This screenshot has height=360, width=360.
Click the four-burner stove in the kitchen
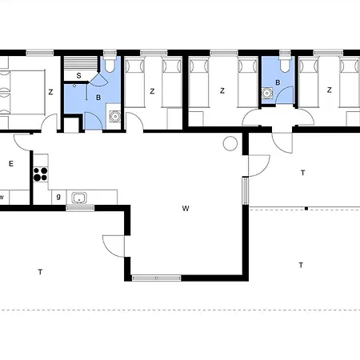[x=41, y=174]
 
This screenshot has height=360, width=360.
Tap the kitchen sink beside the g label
[x=79, y=198]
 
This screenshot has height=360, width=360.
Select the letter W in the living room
[x=186, y=208]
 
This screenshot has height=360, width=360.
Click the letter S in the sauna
[x=78, y=75]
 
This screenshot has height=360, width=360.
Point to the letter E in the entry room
[x=11, y=163]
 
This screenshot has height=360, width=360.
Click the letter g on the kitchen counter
[x=58, y=197]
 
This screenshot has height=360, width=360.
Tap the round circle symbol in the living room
[x=230, y=143]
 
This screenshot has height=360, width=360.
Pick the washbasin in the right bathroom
[x=266, y=94]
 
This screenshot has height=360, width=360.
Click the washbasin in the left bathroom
[x=115, y=117]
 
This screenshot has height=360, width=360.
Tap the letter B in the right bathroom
[x=278, y=82]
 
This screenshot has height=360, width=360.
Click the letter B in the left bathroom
[x=98, y=98]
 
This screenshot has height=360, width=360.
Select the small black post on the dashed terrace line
[x=306, y=209]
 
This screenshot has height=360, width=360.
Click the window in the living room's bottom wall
[x=157, y=278]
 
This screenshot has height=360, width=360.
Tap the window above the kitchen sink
[x=80, y=208]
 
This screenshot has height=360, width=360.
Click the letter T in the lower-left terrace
[x=40, y=272]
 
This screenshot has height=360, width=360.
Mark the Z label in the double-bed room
[x=50, y=92]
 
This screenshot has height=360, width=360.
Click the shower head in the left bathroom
[x=74, y=86]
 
